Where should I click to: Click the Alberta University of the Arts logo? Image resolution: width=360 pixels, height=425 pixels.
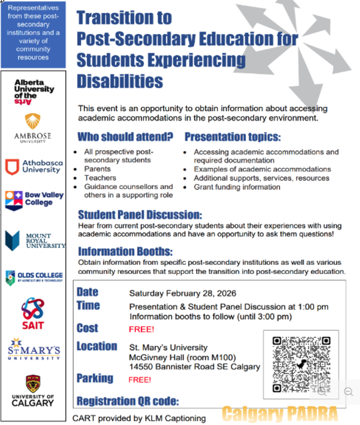point(34,92)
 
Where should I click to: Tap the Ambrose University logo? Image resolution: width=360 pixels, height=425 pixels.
point(32,128)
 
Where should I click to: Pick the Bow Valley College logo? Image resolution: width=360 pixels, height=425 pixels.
point(34,200)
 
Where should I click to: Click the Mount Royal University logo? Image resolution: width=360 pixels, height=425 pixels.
point(35,241)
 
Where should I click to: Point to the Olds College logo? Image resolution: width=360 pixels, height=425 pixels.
point(34,277)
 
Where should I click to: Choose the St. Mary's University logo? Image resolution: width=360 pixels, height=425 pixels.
point(34,349)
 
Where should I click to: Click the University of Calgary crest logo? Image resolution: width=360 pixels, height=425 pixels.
point(32,391)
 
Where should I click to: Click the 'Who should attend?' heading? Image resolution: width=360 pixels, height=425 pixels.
point(125,137)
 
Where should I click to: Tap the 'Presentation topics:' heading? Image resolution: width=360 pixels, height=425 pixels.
point(233,137)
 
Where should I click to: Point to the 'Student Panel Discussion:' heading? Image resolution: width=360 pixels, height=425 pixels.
point(140,215)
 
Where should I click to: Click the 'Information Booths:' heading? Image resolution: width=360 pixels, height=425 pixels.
point(125,251)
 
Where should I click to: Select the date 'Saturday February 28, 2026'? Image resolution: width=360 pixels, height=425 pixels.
point(183,293)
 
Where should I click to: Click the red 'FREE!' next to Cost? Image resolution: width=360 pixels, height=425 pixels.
point(141,329)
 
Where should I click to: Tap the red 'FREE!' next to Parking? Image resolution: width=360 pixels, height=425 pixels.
point(140,380)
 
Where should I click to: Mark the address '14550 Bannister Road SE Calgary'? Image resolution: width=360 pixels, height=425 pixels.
point(195,367)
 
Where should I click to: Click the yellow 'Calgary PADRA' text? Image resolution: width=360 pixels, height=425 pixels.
point(280,414)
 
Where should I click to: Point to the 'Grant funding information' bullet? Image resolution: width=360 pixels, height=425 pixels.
point(237,187)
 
